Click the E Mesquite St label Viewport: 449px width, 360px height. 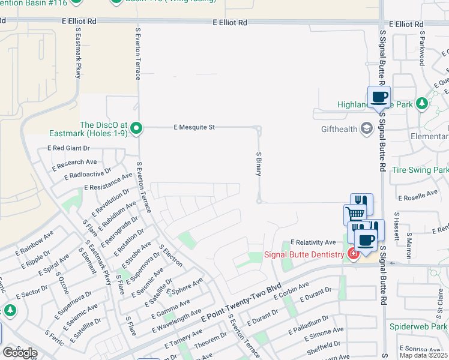(x=194, y=127)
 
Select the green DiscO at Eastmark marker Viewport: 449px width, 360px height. (x=136, y=128)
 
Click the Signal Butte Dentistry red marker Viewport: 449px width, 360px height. (x=354, y=254)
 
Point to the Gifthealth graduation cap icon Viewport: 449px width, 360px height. (x=365, y=128)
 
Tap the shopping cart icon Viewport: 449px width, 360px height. (x=354, y=213)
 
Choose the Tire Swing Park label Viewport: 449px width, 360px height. (x=420, y=170)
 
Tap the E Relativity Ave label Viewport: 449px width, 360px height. (x=313, y=242)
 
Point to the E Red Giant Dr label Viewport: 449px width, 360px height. (x=68, y=148)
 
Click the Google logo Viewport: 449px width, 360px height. (x=19, y=353)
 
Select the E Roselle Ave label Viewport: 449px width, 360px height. (x=418, y=194)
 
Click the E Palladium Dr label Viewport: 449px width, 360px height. (x=309, y=323)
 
